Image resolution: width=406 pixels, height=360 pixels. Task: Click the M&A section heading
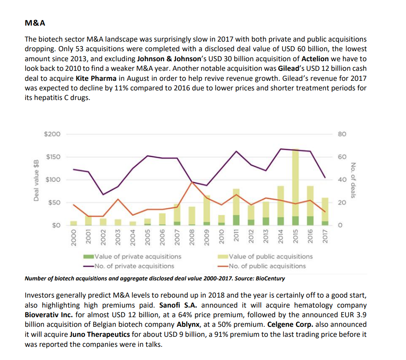[35, 23]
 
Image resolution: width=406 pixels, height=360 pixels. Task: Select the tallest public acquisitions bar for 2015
[295, 182]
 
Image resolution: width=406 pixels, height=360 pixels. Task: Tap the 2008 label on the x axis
[192, 236]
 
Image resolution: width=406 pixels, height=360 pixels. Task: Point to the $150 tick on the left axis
[53, 157]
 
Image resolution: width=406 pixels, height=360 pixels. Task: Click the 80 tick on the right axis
[342, 134]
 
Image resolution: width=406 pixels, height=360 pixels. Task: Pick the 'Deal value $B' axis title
[36, 180]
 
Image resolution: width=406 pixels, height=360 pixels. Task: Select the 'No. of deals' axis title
[353, 180]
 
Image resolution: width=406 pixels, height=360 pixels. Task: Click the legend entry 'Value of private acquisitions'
[132, 256]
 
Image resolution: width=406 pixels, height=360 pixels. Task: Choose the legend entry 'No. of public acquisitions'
[261, 266]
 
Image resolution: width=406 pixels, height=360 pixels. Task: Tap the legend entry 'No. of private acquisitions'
[129, 266]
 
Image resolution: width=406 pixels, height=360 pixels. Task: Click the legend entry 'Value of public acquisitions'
[265, 256]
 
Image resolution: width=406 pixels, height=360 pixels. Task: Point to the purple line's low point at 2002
[103, 194]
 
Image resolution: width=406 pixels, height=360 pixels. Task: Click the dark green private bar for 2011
[236, 220]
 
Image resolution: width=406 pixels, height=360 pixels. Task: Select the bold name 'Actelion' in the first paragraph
[315, 59]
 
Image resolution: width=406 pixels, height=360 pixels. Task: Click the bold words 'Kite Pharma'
[96, 78]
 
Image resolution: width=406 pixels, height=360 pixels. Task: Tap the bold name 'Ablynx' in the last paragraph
[188, 324]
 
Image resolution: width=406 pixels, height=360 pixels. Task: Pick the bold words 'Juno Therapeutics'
[100, 334]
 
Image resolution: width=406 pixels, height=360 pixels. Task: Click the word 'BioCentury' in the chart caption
[270, 278]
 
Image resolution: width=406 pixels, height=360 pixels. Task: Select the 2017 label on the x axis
[325, 236]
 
